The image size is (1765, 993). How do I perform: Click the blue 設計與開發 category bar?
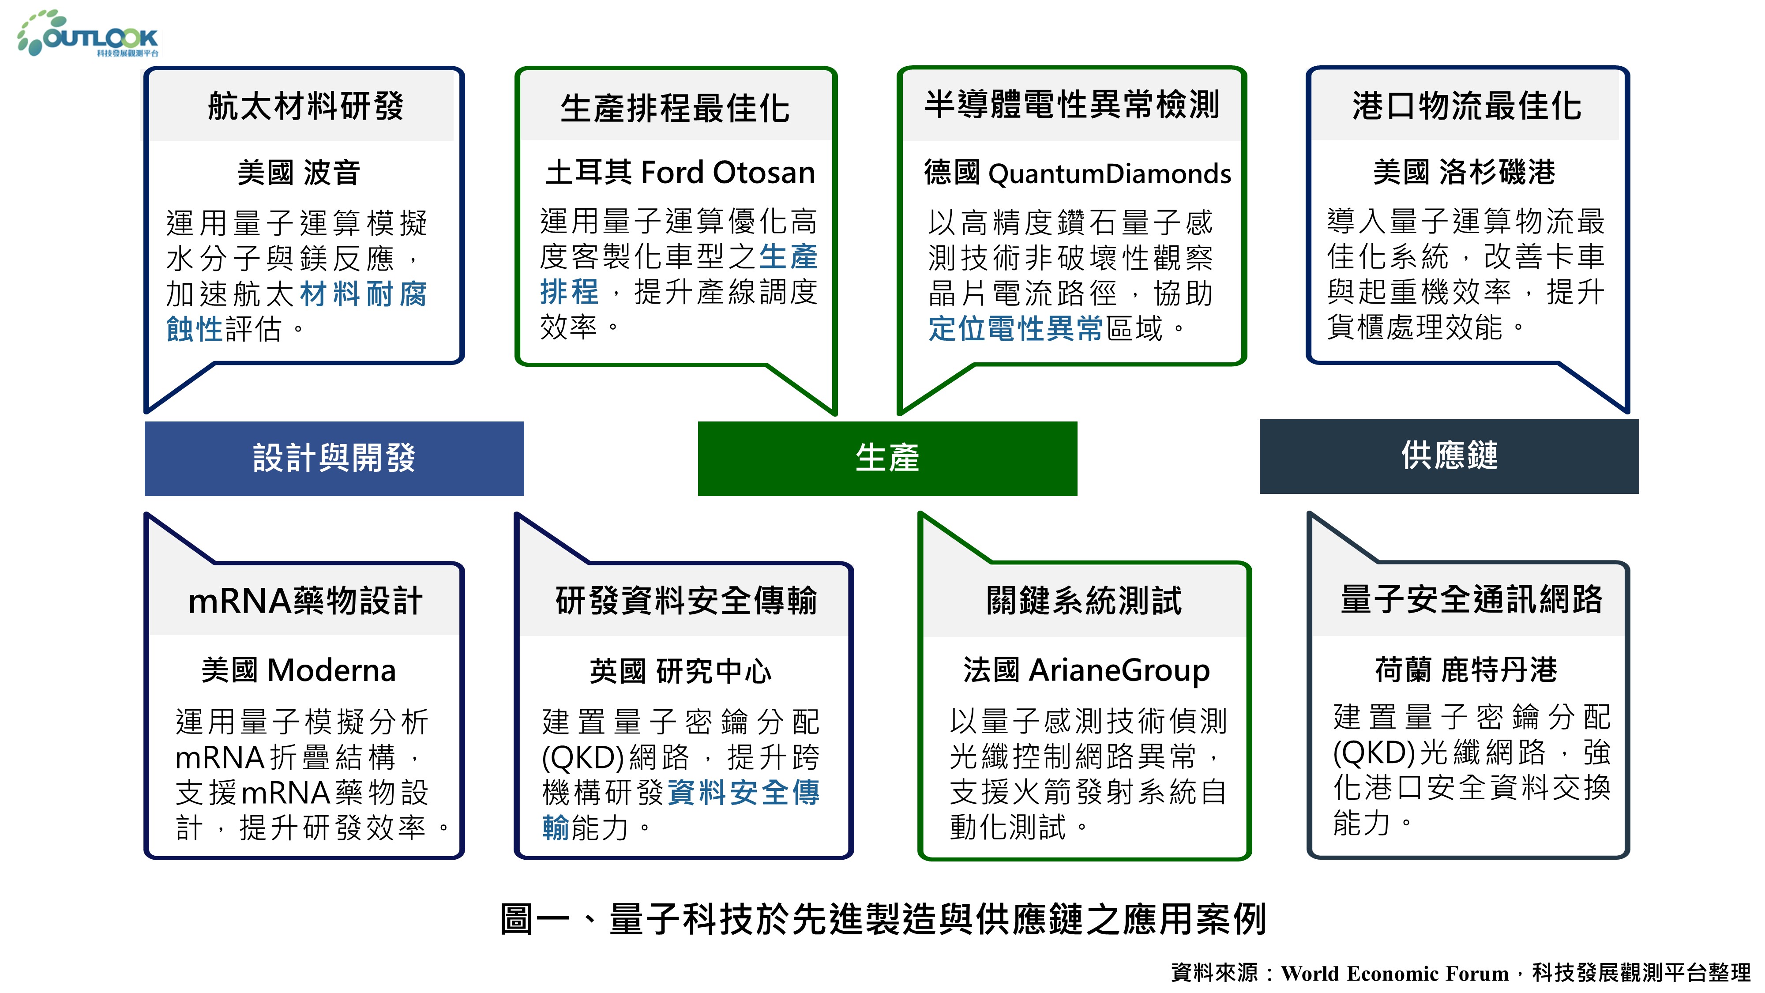(334, 458)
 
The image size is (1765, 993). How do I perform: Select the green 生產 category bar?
(887, 458)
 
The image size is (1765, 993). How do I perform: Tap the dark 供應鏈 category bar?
(1449, 456)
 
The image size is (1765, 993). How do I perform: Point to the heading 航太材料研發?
(306, 106)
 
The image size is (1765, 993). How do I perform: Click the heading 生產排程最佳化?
(675, 108)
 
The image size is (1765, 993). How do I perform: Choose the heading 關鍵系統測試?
(1084, 600)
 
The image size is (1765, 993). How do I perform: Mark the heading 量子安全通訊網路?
(1472, 599)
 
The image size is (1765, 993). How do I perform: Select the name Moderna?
(332, 670)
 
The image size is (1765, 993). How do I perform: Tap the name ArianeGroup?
(1119, 670)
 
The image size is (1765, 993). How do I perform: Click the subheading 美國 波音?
(299, 173)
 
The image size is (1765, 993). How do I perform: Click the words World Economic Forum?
(1395, 973)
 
